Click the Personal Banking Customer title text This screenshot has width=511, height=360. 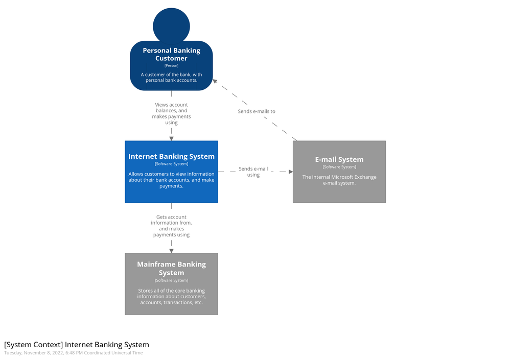(x=171, y=54)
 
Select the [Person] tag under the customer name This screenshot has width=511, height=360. (x=171, y=65)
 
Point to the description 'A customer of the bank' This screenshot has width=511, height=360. (x=171, y=77)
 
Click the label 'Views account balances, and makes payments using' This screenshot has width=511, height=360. (x=171, y=113)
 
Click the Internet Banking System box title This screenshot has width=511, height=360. (x=171, y=156)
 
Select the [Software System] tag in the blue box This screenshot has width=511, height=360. (x=171, y=164)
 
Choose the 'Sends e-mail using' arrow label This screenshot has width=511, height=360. (x=253, y=172)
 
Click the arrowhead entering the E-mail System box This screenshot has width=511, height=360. (x=290, y=172)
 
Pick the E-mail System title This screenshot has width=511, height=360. (x=339, y=159)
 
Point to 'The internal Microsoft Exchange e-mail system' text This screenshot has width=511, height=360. (x=339, y=180)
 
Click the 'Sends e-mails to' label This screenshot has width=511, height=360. (x=257, y=111)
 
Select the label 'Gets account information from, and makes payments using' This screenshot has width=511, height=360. (x=171, y=226)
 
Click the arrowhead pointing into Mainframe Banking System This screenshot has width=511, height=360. (x=171, y=250)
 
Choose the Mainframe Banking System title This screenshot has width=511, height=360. (x=171, y=268)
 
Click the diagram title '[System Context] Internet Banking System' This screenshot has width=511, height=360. (x=77, y=345)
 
